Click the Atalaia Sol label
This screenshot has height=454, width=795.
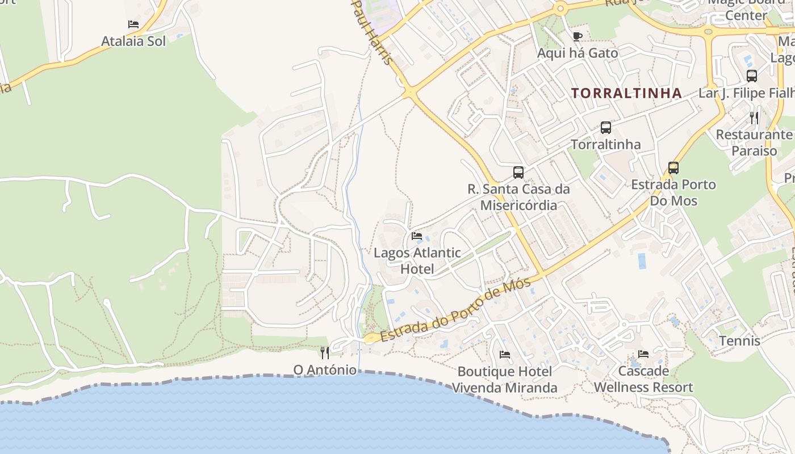coord(133,41)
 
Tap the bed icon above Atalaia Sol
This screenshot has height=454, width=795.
coord(133,24)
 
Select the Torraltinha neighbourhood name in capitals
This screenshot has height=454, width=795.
coord(626,93)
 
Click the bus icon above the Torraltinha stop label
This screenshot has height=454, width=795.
coord(606,128)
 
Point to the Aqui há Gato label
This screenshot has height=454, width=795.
coord(578,53)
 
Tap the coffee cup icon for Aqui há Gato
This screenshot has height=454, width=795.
coord(578,37)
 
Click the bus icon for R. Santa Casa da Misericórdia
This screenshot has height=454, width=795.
coord(518,173)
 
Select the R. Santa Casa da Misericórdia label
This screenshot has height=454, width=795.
coord(518,196)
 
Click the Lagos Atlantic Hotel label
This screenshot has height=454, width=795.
coord(417,260)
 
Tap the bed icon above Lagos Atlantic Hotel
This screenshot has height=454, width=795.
coord(417,236)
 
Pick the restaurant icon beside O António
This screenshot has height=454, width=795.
coord(325,353)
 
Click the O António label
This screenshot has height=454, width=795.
coord(325,370)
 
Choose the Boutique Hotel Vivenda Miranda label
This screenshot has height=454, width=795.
coord(504,380)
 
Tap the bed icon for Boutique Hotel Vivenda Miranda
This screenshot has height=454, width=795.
coord(504,355)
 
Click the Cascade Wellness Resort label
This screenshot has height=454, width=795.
coord(643,379)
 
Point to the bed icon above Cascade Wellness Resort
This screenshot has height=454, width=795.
coord(643,354)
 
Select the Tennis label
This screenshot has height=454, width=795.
coord(739,340)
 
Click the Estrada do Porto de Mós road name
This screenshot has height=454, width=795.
coord(457,309)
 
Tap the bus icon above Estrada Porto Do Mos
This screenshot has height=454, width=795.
coord(673,168)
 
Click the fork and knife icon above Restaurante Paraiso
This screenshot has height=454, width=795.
coord(754,118)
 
